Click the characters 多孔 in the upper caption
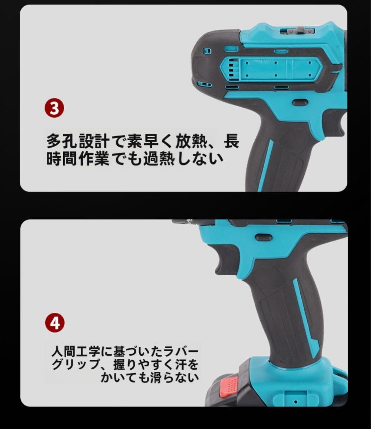(62, 141)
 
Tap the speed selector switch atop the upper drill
(299, 31)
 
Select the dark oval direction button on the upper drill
(300, 103)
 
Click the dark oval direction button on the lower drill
(264, 237)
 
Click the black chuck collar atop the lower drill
(193, 222)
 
